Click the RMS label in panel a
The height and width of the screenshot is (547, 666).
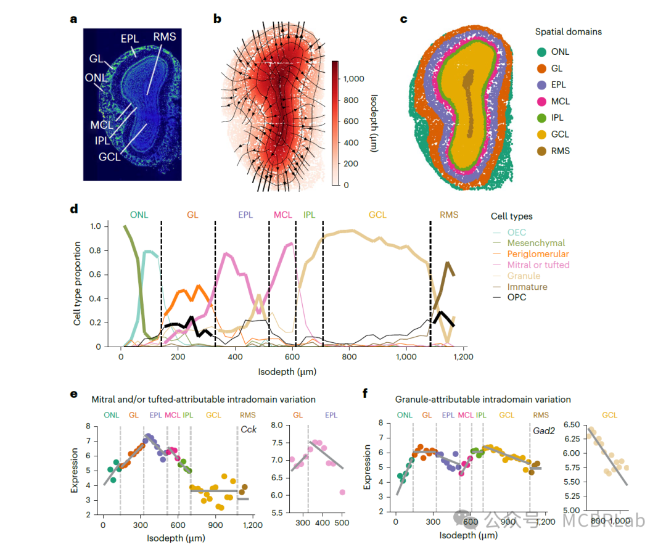165,36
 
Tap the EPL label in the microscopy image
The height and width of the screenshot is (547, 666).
130,38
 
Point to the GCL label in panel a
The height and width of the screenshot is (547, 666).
109,157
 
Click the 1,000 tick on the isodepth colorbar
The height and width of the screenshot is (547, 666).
355,79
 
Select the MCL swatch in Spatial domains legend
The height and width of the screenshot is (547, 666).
541,101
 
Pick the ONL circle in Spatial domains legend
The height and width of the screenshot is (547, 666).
541,52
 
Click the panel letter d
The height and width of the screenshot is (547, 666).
74,209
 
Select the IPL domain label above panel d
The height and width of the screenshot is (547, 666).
309,215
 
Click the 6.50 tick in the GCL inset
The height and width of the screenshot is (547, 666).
570,425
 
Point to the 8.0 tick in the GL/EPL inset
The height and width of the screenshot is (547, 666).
277,426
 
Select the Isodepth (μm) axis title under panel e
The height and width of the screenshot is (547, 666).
176,538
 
